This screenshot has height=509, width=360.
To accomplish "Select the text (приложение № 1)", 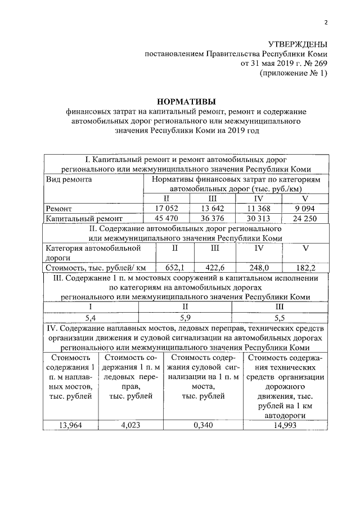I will click(x=292, y=74).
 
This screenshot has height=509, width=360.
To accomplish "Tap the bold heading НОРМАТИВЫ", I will click(x=186, y=102).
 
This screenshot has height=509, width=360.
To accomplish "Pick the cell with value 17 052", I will click(x=166, y=209).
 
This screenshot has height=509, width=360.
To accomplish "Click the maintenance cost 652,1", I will click(x=174, y=268).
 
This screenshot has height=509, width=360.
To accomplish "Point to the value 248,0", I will click(x=259, y=268).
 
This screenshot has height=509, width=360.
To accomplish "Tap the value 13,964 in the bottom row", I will click(x=70, y=425).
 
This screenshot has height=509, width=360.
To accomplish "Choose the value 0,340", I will click(x=202, y=425).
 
